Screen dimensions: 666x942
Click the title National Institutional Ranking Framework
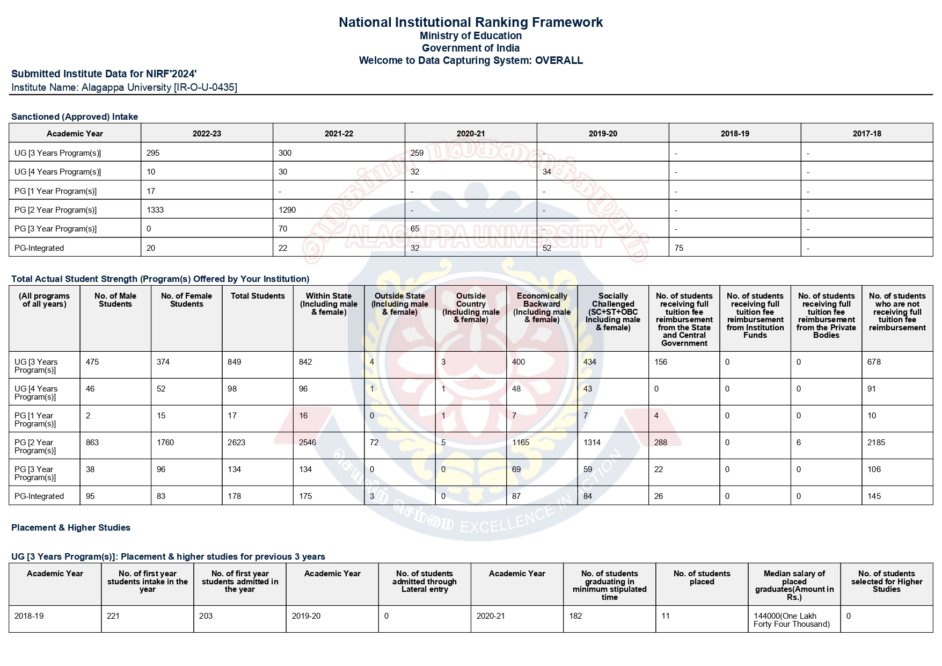[x=470, y=23]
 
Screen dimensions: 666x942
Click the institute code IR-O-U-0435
[x=206, y=88]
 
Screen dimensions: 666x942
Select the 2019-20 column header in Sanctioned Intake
[x=602, y=134]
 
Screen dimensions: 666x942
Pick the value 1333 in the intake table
[x=155, y=210]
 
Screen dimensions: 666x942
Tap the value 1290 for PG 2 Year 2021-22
[x=287, y=210]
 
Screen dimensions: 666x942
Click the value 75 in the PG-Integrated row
[x=679, y=248]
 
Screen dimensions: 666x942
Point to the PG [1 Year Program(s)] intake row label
[x=55, y=191]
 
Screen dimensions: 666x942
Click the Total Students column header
[x=258, y=296]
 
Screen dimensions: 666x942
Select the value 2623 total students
[x=236, y=443]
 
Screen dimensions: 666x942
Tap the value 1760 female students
[x=165, y=443]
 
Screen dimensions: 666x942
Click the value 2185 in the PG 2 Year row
[x=876, y=443]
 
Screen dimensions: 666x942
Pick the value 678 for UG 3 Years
[x=874, y=362]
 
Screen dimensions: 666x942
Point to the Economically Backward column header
[x=542, y=308]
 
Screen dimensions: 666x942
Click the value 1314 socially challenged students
[x=593, y=443]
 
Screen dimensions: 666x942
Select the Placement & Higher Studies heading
[x=71, y=527]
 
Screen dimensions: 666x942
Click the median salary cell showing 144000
[x=791, y=620]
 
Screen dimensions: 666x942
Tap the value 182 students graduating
[x=575, y=616]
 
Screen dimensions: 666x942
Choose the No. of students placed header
[x=702, y=577]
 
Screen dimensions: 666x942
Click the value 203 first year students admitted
[x=206, y=616]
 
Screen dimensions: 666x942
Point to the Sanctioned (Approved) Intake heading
[x=75, y=117]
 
